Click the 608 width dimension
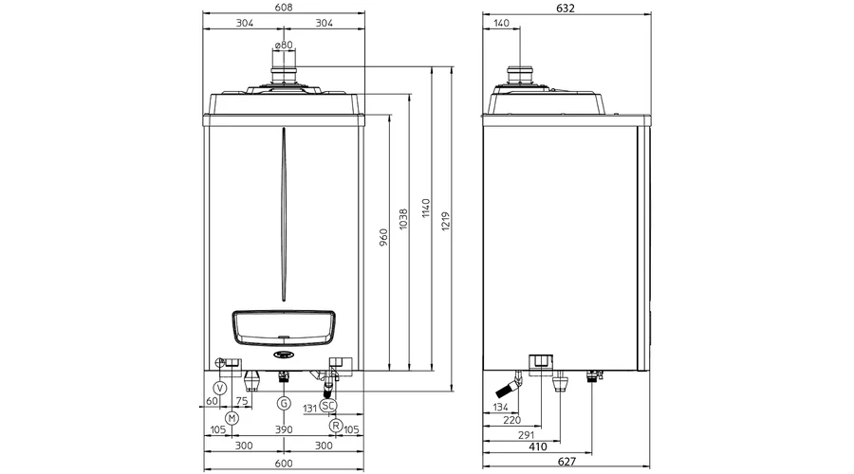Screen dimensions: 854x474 pos(284,7)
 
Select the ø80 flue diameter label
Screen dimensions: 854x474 pos(284,46)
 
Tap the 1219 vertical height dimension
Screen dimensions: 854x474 pos(446,222)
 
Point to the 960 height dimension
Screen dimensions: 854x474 pos(383,238)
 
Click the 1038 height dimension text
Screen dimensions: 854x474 pos(403,219)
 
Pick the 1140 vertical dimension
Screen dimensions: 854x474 pos(426,209)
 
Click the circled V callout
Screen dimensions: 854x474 pos(220,388)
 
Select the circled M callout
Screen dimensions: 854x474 pos(232,418)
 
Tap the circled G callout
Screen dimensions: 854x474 pos(284,403)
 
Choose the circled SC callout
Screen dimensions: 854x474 pos(328,406)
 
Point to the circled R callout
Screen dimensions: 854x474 pos(336,425)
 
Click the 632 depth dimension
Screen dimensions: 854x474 pos(566,9)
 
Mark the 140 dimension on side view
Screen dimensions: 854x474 pos(501,23)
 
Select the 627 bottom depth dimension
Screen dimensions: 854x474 pos(566,462)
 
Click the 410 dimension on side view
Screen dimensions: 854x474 pos(538,447)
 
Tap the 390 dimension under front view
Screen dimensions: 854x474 pos(284,429)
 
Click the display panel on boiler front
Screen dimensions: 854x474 pos(284,328)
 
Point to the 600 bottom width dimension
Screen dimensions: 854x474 pos(284,464)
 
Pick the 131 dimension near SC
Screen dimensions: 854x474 pos(310,409)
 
